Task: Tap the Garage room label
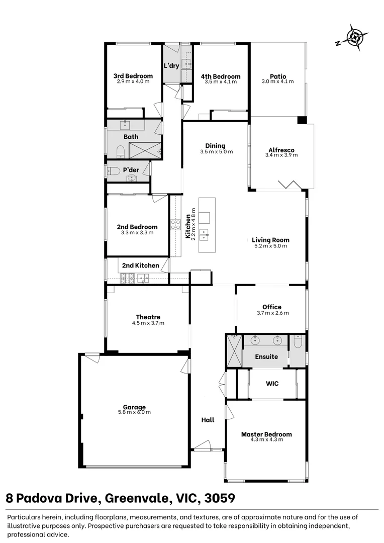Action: (x=134, y=407)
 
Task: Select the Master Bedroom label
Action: (x=266, y=434)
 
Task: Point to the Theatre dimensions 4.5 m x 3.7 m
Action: (x=148, y=323)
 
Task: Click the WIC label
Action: (x=271, y=384)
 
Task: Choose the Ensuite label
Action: (x=266, y=356)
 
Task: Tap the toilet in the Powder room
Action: (x=113, y=171)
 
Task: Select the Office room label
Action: (x=271, y=307)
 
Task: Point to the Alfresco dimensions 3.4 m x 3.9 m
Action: (x=281, y=155)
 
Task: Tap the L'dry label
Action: (x=171, y=66)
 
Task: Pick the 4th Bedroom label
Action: (x=220, y=76)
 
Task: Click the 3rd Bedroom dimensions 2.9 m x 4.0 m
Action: (x=133, y=81)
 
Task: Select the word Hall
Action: (x=208, y=420)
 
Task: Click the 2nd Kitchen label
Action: (x=141, y=265)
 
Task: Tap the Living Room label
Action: (x=270, y=240)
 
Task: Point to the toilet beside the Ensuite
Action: (x=298, y=342)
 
